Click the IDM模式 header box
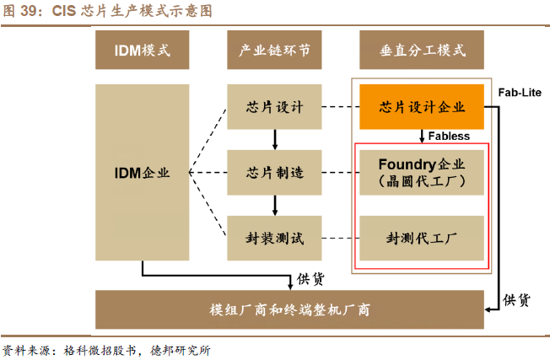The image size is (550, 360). (143, 51)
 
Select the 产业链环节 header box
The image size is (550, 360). (274, 51)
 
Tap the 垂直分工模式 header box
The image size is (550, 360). (423, 51)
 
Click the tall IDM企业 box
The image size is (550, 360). (143, 172)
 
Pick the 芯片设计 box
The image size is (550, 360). (274, 107)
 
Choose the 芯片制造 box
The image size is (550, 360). (274, 172)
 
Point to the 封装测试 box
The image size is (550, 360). (274, 237)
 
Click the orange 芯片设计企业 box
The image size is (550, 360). (423, 107)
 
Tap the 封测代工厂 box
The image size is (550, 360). (423, 237)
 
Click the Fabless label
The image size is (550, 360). (450, 136)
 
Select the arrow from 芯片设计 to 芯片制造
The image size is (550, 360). (274, 139)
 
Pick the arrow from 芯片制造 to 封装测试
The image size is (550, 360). (274, 204)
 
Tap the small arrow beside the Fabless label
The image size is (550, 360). (422, 136)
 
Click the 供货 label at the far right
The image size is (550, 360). (516, 298)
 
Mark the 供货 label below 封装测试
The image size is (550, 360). (311, 278)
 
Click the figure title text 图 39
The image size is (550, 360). (23, 10)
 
